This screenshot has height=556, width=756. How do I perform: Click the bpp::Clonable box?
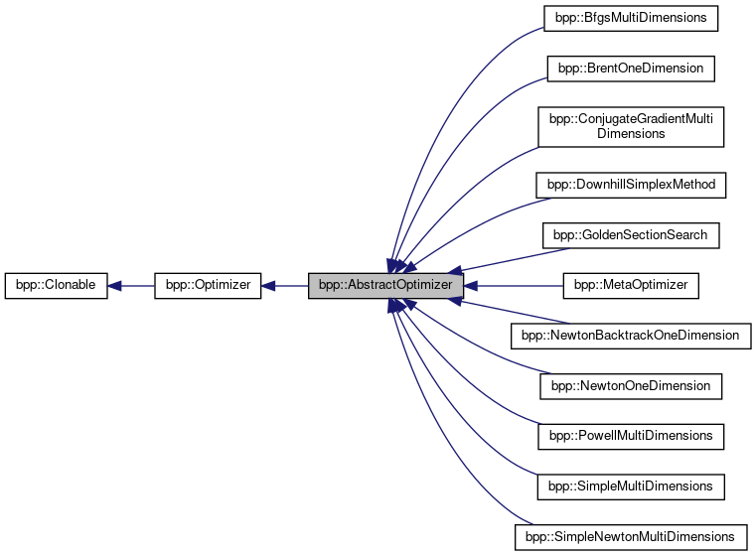tap(56, 286)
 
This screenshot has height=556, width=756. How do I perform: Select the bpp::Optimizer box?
tap(208, 286)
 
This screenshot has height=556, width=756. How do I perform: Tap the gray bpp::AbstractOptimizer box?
tap(385, 286)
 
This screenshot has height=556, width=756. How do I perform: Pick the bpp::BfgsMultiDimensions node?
tap(630, 18)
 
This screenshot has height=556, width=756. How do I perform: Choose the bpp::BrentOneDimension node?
tap(630, 69)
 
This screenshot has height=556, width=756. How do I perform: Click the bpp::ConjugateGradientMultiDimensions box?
tap(630, 126)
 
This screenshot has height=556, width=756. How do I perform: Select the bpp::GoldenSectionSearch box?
tap(630, 235)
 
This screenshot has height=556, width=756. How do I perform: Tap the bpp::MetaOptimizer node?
tap(631, 286)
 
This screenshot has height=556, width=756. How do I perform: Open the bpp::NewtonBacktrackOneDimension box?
tap(630, 336)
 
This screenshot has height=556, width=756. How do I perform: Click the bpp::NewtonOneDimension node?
tap(630, 386)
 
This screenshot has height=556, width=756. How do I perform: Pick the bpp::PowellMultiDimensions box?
tap(630, 436)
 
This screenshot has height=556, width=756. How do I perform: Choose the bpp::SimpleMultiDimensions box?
tap(630, 486)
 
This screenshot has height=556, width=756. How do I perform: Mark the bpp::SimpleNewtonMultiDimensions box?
tap(630, 537)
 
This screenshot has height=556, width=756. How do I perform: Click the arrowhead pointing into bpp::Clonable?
tap(114, 286)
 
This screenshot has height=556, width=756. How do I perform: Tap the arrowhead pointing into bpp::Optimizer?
tap(268, 286)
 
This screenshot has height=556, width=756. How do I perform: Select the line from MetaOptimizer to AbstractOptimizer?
tap(517, 286)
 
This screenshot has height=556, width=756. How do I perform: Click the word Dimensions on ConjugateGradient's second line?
tap(630, 134)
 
